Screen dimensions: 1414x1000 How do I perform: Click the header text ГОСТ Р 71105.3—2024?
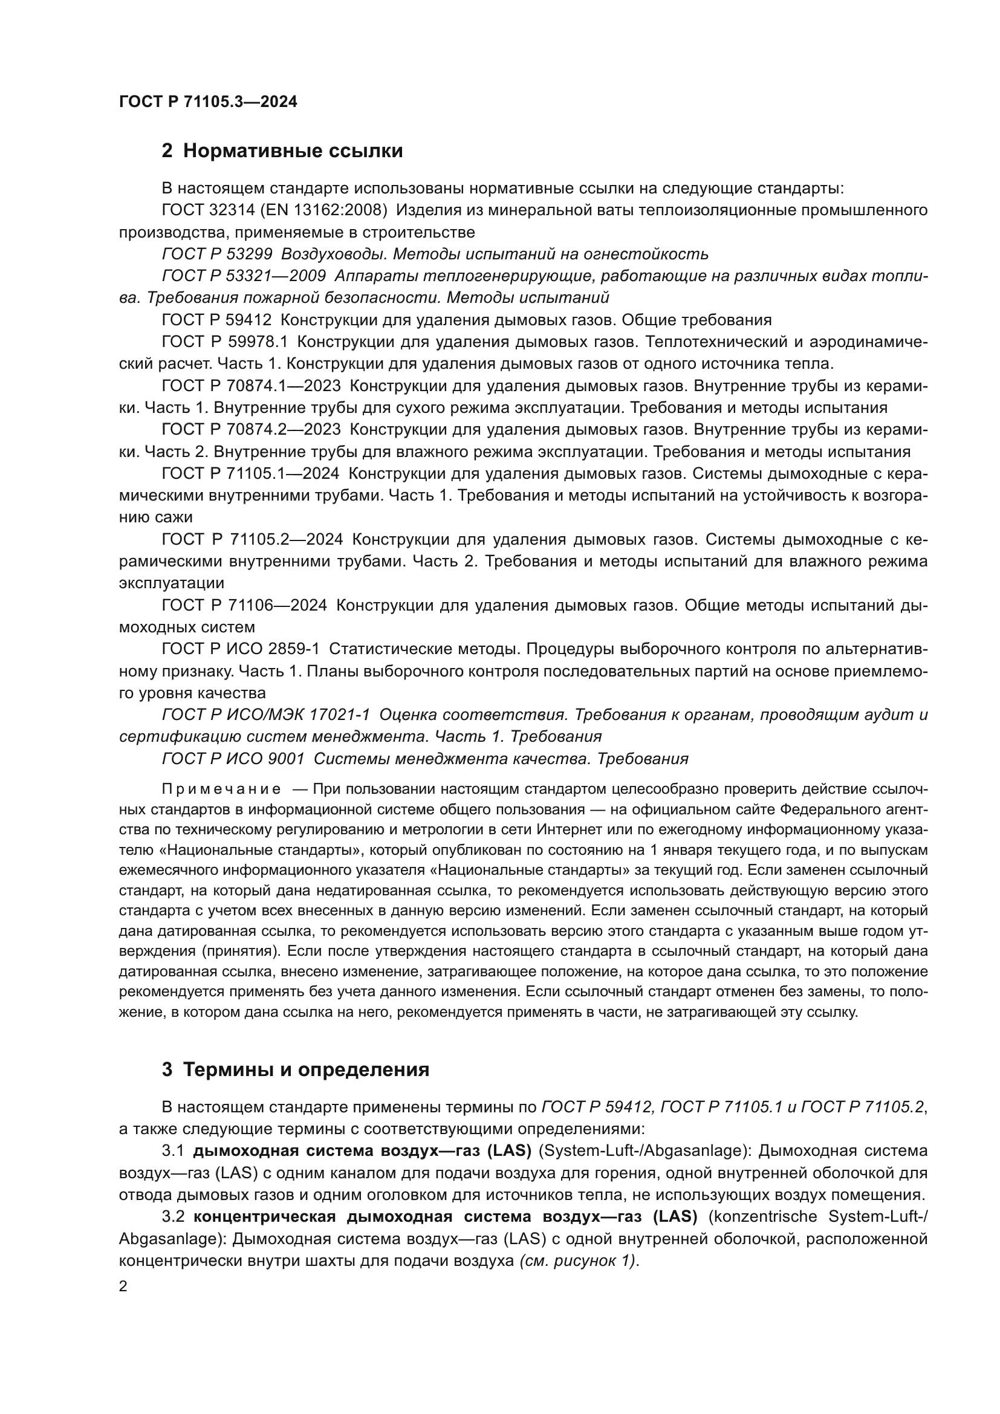[x=207, y=102]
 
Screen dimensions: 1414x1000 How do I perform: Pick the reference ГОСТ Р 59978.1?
[x=225, y=342]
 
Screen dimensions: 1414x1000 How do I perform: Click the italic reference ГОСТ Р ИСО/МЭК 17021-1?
[x=265, y=715]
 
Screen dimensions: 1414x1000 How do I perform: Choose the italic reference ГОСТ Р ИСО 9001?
[x=233, y=759]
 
